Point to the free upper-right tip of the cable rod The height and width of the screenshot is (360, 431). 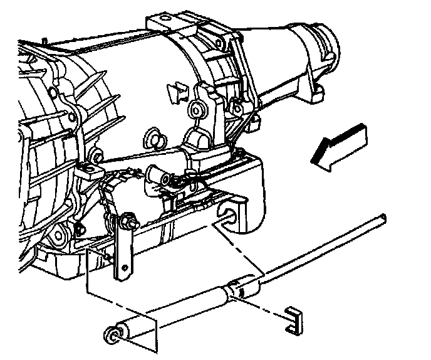click(382, 218)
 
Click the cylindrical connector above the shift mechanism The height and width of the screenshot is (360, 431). click(157, 174)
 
